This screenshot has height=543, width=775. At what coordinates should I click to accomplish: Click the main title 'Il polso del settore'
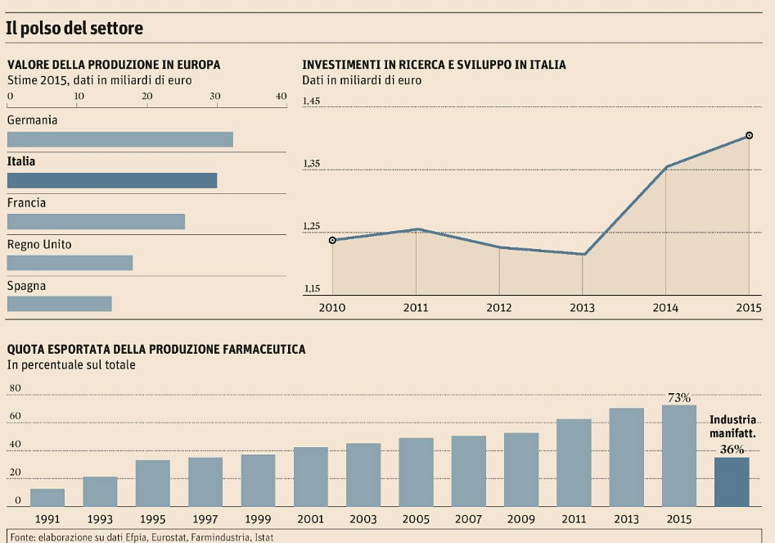point(74,29)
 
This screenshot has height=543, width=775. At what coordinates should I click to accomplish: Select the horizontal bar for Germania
point(119,139)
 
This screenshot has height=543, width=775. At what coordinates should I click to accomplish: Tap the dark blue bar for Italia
point(111,180)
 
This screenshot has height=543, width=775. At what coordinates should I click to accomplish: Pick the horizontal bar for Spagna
point(59,304)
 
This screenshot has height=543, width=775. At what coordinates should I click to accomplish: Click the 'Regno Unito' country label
point(39,244)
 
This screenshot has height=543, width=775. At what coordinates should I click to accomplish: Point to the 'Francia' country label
point(26,202)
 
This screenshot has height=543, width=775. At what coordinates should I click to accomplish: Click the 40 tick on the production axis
point(281,97)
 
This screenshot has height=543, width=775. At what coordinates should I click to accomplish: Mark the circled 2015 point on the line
point(749,135)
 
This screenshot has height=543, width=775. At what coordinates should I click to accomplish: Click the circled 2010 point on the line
point(332,240)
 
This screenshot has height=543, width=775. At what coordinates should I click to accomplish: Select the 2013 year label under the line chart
point(583,308)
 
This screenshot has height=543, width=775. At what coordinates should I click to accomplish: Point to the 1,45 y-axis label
point(311,102)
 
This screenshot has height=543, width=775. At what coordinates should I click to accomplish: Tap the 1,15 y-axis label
point(311,288)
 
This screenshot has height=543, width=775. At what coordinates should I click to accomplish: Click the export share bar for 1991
point(47,497)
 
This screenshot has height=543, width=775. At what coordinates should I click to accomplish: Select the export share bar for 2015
point(679,455)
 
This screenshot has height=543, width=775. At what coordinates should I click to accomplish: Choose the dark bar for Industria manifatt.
point(732,482)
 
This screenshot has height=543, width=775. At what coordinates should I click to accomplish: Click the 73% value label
point(679,398)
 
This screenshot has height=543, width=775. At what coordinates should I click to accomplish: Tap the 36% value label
point(732,449)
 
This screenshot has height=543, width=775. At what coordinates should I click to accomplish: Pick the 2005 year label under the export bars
point(416,519)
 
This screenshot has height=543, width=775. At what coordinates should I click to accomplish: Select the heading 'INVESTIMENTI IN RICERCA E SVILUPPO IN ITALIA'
point(434,65)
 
